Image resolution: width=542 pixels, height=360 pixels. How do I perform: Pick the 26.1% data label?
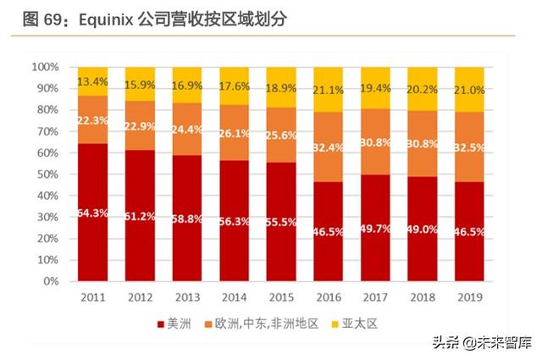(234, 134)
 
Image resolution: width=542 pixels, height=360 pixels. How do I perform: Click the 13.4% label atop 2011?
(93, 81)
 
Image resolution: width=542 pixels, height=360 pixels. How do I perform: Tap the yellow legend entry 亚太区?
(349, 323)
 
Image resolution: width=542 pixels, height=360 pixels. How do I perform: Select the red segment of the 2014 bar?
(234, 220)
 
